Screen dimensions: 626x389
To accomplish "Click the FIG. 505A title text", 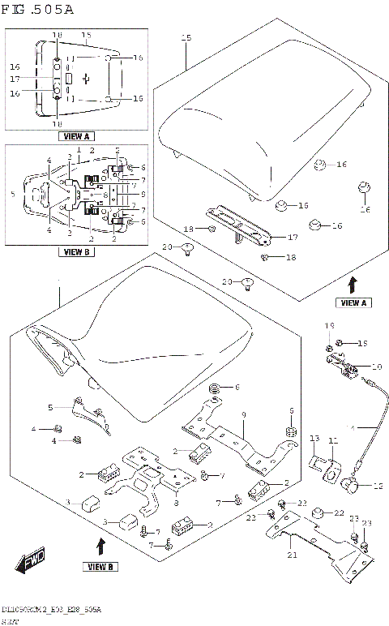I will [x=38, y=10].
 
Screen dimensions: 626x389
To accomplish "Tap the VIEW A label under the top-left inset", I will [x=75, y=135].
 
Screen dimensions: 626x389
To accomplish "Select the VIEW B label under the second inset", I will [x=77, y=252].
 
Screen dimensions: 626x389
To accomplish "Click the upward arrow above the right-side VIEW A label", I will [x=352, y=285].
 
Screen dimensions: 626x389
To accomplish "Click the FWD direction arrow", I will [x=30, y=560].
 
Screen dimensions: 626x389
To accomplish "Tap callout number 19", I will [x=329, y=326].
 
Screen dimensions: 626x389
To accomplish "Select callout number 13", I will [x=315, y=439].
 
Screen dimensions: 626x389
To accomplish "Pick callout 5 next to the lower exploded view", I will [x=49, y=407].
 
